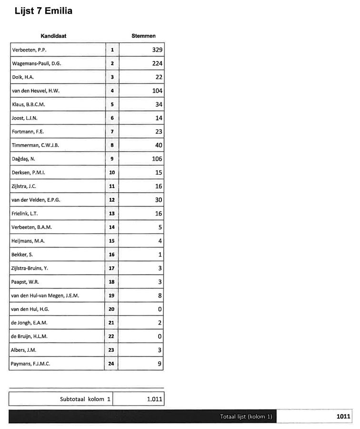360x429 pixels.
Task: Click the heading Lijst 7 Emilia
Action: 44,11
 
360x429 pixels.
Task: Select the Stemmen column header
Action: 143,36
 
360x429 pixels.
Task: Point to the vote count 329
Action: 157,50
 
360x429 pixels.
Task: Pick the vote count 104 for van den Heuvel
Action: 157,91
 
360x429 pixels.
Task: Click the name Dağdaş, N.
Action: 23,159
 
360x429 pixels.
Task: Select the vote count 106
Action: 157,159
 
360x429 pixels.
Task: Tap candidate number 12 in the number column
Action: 112,200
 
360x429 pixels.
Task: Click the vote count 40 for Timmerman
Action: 159,145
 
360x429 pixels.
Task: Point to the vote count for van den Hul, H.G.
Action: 160,309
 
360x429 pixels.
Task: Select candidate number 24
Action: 112,364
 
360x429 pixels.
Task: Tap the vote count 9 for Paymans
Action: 160,364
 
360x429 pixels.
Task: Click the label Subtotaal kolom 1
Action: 85,399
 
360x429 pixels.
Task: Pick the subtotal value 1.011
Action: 154,399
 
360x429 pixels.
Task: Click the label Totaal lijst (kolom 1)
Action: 246,417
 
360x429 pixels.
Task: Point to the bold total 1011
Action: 343,417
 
